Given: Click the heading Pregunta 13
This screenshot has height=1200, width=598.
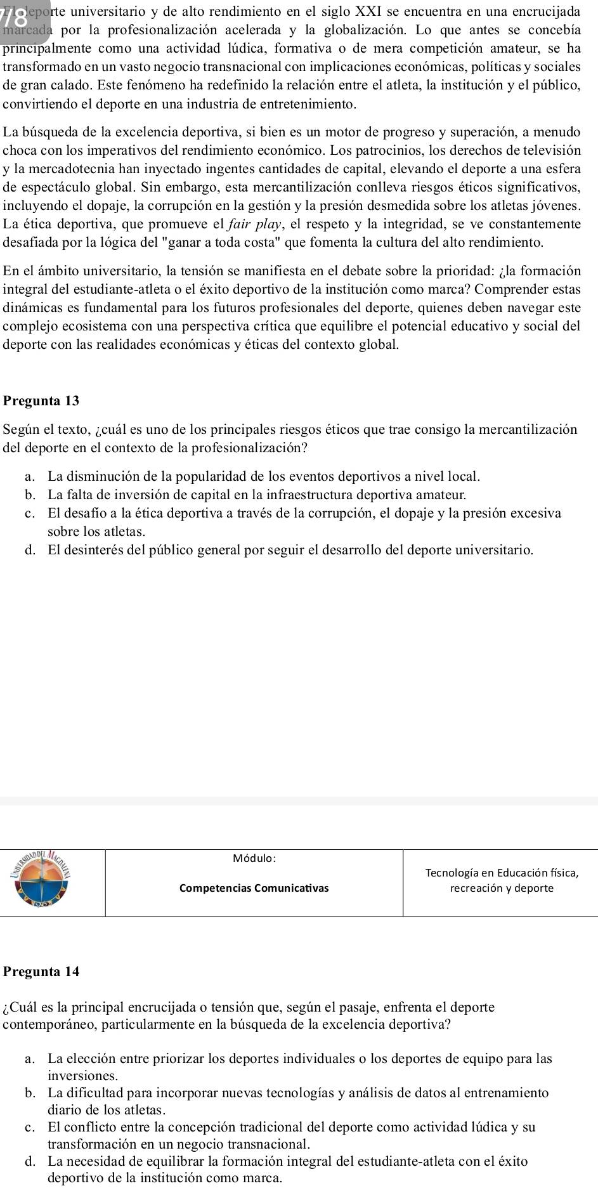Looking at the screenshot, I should coord(41,401).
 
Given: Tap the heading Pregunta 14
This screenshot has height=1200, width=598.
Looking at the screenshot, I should coord(41,971).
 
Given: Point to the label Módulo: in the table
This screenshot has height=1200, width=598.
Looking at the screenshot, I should coord(254,858).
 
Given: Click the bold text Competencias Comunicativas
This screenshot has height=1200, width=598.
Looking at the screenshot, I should coord(254,888).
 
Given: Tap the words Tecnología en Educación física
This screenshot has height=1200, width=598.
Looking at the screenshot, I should coord(501,873).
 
